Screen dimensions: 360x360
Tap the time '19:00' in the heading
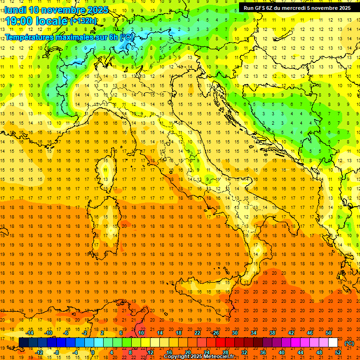[19, 21]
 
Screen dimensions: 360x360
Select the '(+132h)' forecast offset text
[84, 21]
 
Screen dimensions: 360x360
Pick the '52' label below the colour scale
[338, 352]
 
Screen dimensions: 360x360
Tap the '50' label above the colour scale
[329, 332]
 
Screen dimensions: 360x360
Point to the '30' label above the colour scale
[234, 332]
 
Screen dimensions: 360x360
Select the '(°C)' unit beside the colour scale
[349, 343]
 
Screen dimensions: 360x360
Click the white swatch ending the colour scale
[333, 343]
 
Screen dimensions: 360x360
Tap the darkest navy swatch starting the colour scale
[23, 343]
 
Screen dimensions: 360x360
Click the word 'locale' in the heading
[51, 21]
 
